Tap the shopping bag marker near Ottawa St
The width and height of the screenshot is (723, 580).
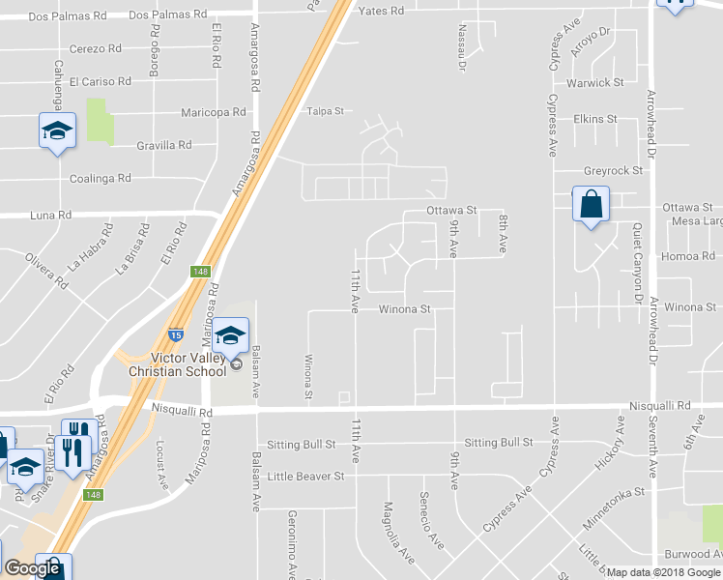coord(591,206)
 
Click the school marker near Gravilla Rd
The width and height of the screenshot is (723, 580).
coord(57,131)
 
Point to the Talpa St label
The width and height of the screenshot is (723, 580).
coord(326,111)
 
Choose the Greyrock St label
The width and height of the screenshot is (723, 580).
coord(614,171)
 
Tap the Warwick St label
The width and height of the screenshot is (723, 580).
coord(595,82)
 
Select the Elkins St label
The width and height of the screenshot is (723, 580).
coord(594,119)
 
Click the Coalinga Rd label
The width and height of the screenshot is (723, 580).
coord(101,179)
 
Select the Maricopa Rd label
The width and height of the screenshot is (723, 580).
coord(214,112)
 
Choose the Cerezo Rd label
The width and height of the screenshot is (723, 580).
coord(95,48)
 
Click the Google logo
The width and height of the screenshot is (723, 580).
coord(33,568)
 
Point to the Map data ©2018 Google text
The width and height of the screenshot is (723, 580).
coord(663,572)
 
